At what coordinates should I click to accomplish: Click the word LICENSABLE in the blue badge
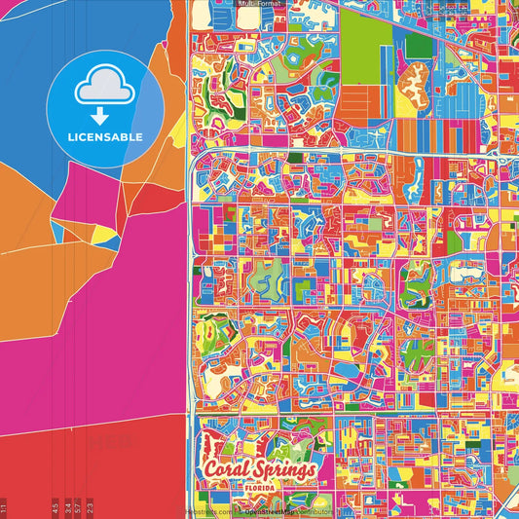[x=105, y=136]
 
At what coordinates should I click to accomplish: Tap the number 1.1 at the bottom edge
[x=4, y=506]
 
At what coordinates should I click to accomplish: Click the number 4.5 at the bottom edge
[x=56, y=506]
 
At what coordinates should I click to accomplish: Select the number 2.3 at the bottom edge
[x=90, y=506]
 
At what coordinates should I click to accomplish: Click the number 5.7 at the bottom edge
[x=78, y=506]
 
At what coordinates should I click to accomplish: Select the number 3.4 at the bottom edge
[x=67, y=506]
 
